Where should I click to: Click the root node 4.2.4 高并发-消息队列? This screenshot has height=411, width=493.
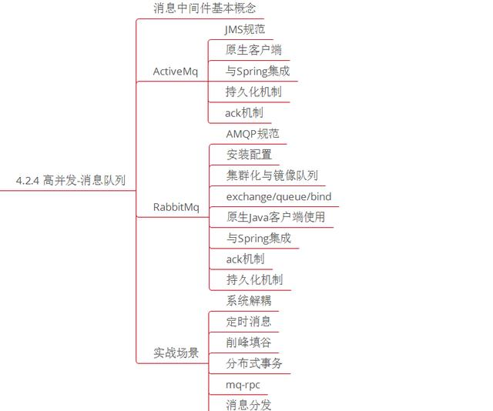70,181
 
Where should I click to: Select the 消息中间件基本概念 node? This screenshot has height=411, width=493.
204,8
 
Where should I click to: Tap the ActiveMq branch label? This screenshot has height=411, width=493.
175,72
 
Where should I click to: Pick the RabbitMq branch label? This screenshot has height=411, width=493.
176,207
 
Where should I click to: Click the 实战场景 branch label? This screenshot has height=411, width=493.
176,353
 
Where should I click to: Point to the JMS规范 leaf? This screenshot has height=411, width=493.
244,29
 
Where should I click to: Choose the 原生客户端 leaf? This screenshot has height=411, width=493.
253,50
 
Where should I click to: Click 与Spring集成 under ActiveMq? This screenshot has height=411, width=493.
258,71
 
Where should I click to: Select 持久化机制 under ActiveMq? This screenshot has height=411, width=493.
253,92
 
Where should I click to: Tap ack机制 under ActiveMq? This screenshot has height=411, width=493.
244,112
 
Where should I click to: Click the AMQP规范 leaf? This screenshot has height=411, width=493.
253,134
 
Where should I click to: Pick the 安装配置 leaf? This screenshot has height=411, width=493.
249,154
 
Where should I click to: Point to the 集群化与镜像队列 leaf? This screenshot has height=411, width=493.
272,175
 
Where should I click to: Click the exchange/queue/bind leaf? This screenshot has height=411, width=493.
279,196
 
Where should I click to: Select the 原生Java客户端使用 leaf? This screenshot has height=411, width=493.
276,217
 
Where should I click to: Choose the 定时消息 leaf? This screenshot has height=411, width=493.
249,321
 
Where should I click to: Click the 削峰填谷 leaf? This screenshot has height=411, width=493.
249,342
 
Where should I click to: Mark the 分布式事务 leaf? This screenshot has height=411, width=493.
254,363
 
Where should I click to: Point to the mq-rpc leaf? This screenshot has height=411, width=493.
243,383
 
